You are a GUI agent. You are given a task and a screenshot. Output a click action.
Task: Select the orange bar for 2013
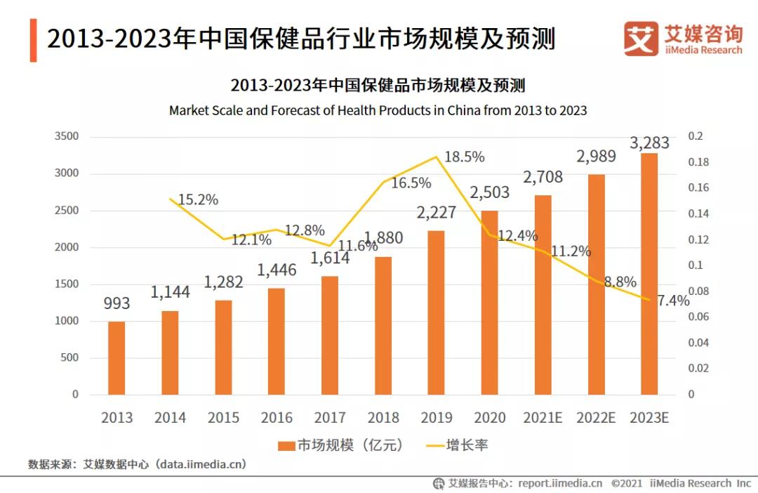pyautogui.click(x=117, y=358)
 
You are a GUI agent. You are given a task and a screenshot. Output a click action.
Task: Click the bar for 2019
pyautogui.click(x=436, y=313)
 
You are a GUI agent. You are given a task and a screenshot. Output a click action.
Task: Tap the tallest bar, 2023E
pyautogui.click(x=649, y=274)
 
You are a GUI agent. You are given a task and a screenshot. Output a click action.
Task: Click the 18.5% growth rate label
pyautogui.click(x=465, y=157)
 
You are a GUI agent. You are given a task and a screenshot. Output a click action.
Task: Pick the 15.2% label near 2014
pyautogui.click(x=198, y=199)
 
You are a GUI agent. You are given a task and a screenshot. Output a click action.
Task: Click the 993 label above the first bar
pyautogui.click(x=117, y=303)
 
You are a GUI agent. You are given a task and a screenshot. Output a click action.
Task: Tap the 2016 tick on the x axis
pyautogui.click(x=277, y=418)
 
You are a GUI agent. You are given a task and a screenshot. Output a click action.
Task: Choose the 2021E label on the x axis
pyautogui.click(x=543, y=418)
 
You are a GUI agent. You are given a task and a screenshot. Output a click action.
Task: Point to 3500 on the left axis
pyautogui.click(x=67, y=136)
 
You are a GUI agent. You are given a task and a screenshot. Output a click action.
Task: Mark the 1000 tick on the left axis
pyautogui.click(x=67, y=321)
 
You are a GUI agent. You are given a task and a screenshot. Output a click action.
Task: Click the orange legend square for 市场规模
pyautogui.click(x=286, y=445)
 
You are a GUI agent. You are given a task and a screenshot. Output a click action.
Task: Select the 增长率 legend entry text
pyautogui.click(x=467, y=445)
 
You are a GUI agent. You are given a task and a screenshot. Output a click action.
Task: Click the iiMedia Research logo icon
pyautogui.click(x=641, y=39)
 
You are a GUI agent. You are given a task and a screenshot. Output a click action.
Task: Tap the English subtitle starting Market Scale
pyautogui.click(x=378, y=111)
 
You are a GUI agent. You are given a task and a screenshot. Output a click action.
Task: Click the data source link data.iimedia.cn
pyautogui.click(x=201, y=464)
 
